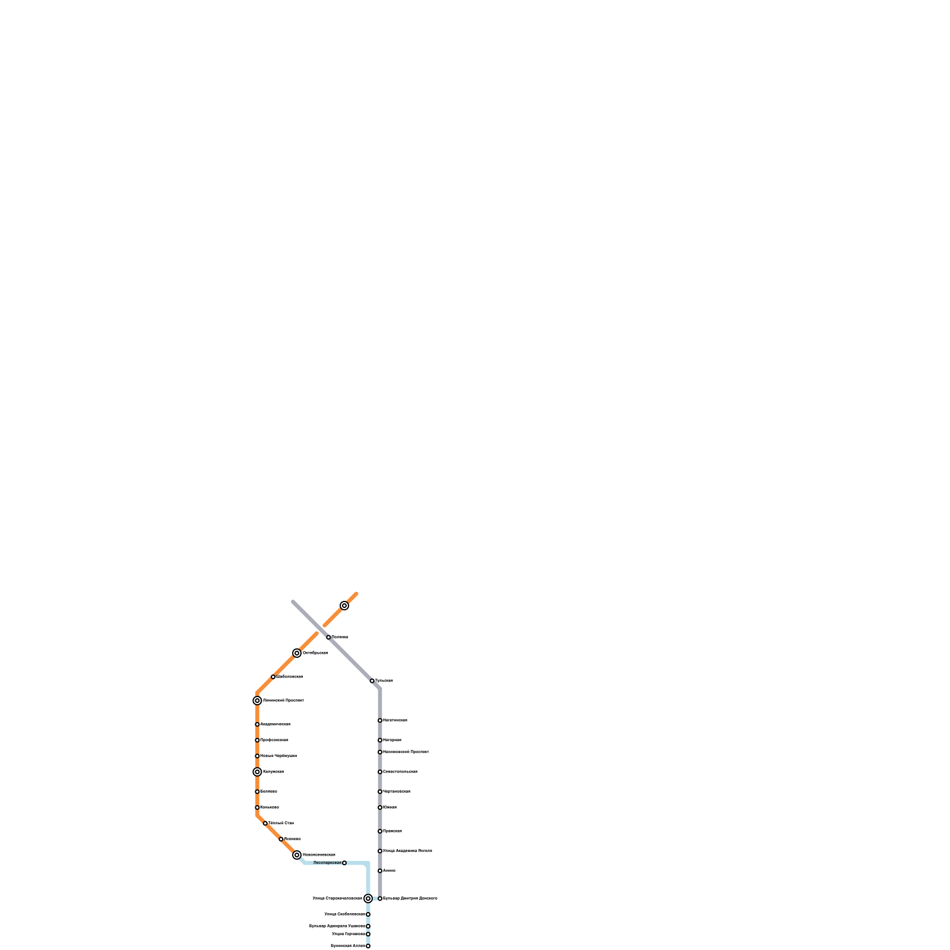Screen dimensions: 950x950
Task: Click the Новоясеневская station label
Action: coord(319,855)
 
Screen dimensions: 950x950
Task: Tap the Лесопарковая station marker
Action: coord(344,863)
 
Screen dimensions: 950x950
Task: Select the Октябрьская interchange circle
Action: coord(297,653)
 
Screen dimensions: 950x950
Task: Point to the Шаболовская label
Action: coord(290,677)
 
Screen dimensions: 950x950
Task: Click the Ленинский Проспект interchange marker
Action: coord(257,701)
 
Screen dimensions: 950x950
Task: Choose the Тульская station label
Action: coord(384,681)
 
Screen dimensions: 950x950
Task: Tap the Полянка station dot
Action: coord(328,637)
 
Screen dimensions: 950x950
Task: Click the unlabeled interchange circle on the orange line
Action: coord(344,606)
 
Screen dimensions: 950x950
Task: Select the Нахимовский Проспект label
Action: coord(406,752)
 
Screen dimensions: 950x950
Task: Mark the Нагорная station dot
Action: coord(380,740)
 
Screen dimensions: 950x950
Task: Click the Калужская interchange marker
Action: coord(257,772)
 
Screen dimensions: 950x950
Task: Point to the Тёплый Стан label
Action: coord(281,824)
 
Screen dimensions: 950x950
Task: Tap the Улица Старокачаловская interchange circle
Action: coord(368,898)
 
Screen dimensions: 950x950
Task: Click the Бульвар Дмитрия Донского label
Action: coord(410,898)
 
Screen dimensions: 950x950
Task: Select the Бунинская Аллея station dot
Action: coord(368,946)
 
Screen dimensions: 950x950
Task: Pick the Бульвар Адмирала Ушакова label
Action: coord(337,926)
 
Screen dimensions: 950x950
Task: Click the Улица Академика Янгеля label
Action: coord(407,851)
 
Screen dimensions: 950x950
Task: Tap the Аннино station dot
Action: coord(380,871)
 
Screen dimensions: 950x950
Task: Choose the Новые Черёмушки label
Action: coord(278,756)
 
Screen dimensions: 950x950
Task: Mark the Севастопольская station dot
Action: coord(380,772)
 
